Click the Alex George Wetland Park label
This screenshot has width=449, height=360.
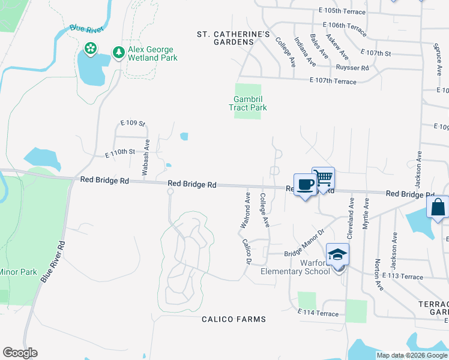152,53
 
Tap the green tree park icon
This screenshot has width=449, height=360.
118,53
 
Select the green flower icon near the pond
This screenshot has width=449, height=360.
90,48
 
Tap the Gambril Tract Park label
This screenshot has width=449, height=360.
247,103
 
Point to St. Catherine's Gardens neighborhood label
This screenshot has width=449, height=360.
234,38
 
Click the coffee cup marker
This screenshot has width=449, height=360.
304,185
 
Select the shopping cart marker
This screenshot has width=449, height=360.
323,178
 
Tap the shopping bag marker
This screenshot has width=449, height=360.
438,207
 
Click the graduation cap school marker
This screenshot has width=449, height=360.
337,254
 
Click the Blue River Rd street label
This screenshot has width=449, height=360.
53,262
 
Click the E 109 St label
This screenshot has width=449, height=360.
133,123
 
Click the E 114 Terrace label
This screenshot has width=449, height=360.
318,313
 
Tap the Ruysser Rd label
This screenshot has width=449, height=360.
352,68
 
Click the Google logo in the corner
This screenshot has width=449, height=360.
20,352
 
